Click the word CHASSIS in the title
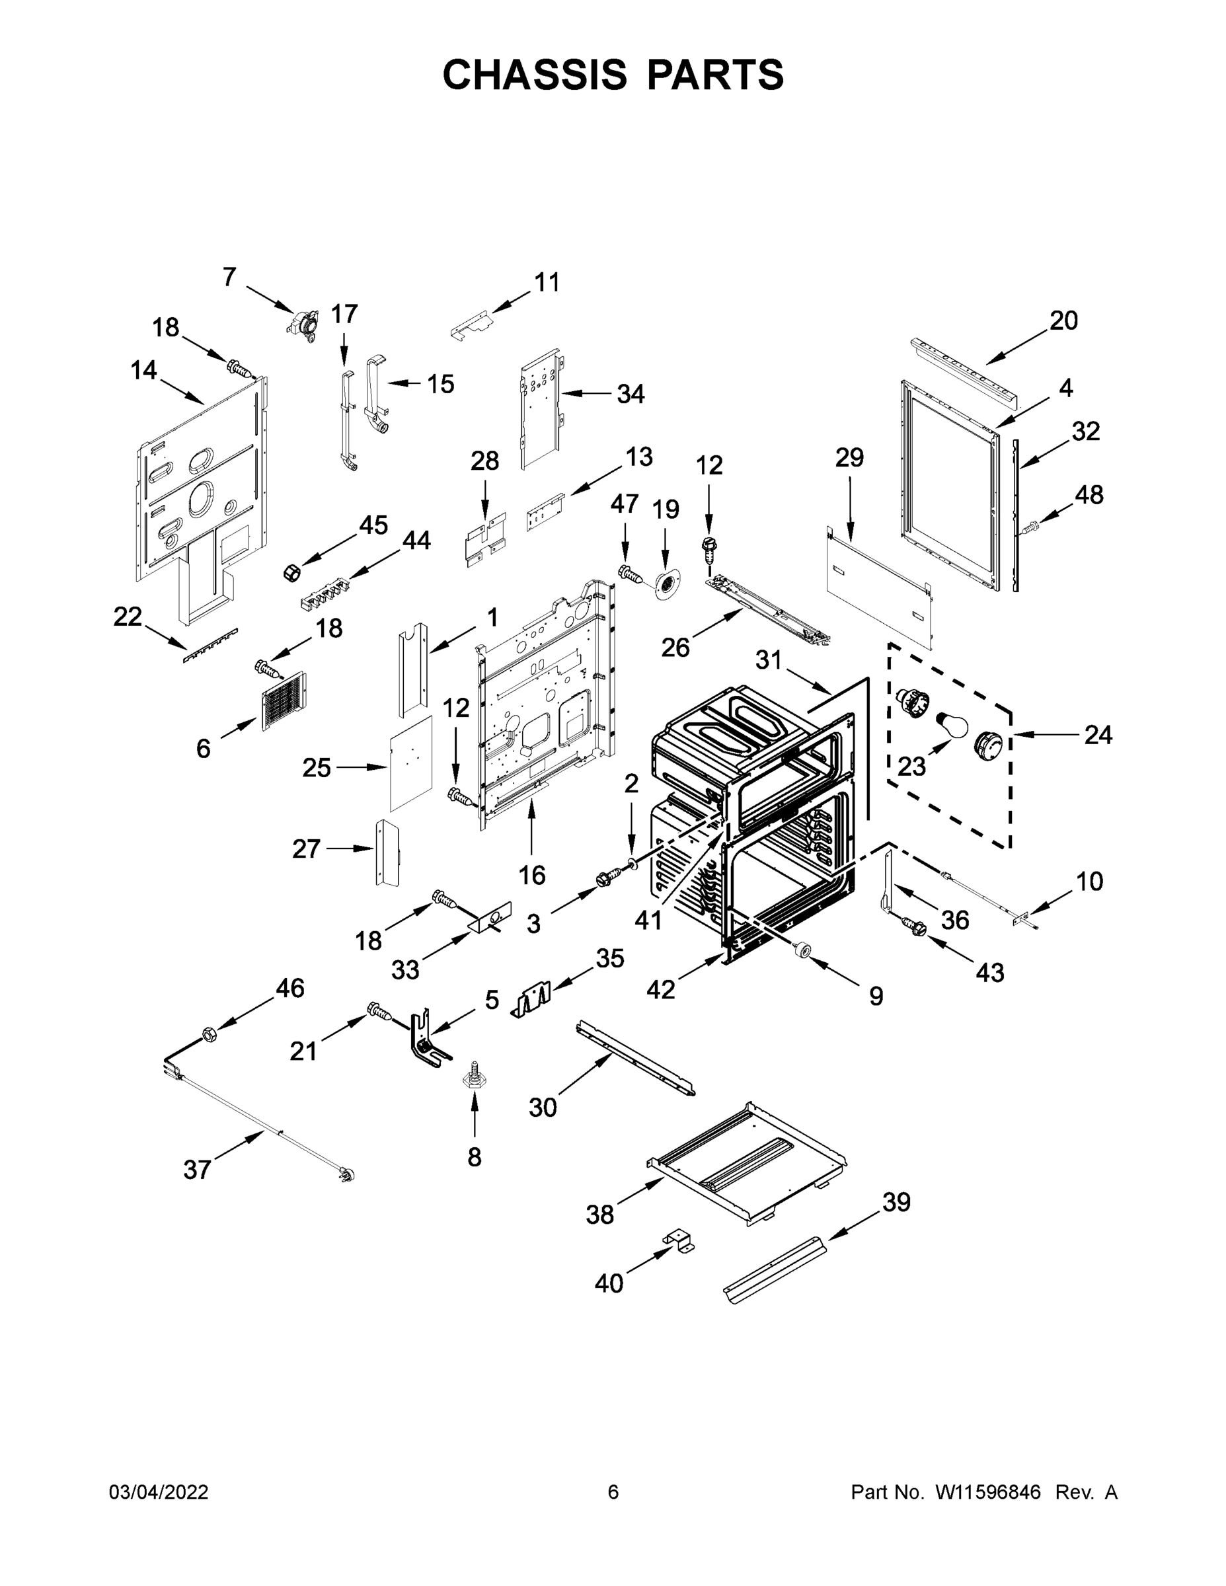click(x=535, y=74)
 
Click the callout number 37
click(x=197, y=1169)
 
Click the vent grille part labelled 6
click(x=285, y=700)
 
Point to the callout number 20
click(x=1063, y=321)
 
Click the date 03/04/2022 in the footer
click(x=159, y=1492)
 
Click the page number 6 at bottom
click(x=613, y=1492)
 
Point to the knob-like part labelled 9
click(x=803, y=948)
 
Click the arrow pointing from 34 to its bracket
click(x=586, y=394)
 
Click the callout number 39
click(x=896, y=1202)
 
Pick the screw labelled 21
click(x=379, y=1010)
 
